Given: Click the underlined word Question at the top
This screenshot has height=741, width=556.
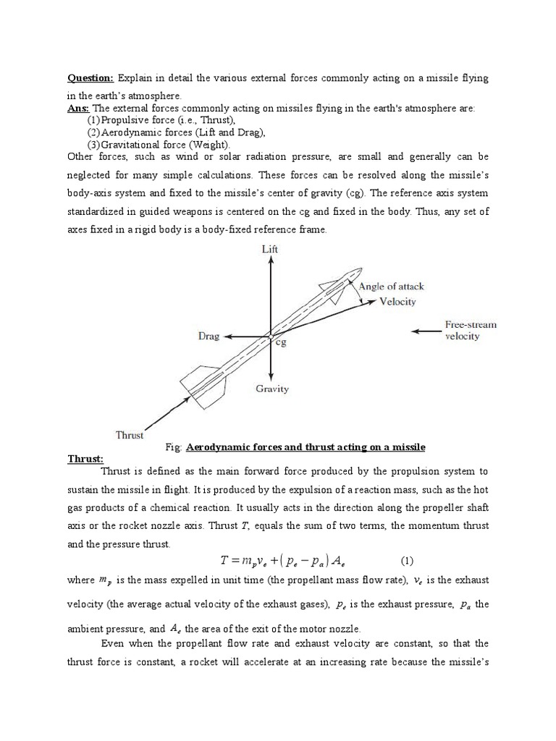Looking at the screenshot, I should pos(90,77).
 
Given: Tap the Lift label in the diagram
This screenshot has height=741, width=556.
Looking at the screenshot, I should pos(270,250).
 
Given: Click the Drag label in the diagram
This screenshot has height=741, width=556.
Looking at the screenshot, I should pos(208,336).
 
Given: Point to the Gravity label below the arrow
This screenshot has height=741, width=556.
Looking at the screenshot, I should pos(271,389).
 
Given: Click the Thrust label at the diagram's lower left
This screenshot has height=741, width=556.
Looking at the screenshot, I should pos(130,435).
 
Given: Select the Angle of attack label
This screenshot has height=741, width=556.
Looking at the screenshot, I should pos(392,286).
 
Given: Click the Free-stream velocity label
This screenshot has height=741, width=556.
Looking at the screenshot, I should pos(471,331).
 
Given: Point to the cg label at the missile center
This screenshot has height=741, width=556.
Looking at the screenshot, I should pos(280,343).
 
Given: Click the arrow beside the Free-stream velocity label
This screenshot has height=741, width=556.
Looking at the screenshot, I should pos(426,331).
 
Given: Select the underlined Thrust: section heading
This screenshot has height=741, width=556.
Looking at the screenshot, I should pos(85,459).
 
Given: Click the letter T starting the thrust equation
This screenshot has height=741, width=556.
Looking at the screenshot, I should pos(224,561).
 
